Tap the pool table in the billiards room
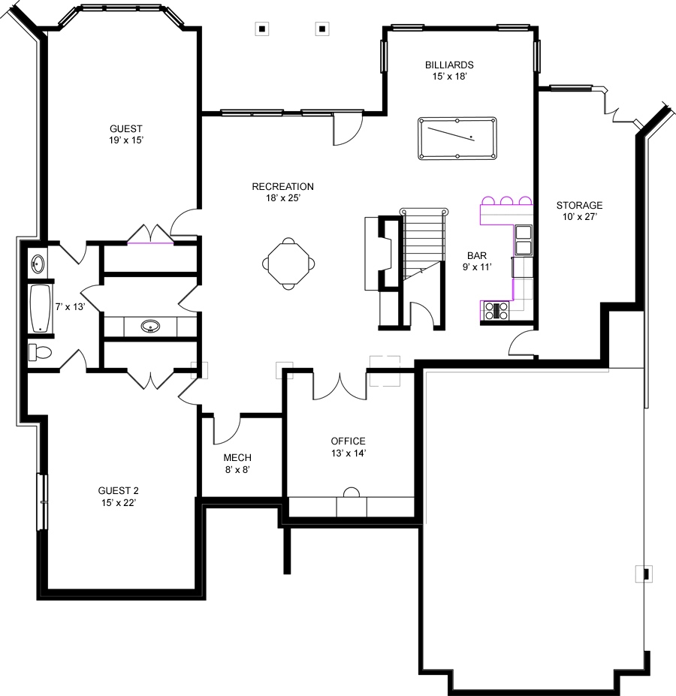pos(456,137)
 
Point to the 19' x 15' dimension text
pos(125,140)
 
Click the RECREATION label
pos(282,187)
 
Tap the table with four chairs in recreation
pos(288,263)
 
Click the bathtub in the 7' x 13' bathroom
pos(40,308)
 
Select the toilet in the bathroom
pos(40,351)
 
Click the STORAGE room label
pos(579,205)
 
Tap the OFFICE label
pos(348,441)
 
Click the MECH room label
pos(237,458)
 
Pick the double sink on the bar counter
pos(523,239)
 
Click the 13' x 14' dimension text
pos(348,453)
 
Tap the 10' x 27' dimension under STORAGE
pos(579,217)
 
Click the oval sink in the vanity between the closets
pos(150,327)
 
